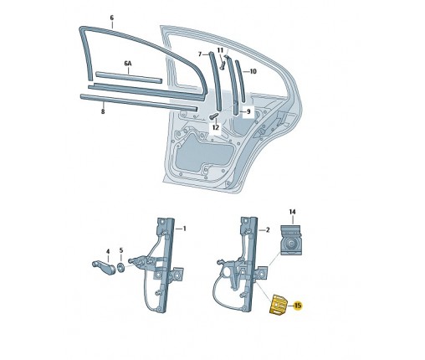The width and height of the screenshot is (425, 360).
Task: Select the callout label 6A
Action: point(128,63)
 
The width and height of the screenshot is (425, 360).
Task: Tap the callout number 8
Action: point(102,110)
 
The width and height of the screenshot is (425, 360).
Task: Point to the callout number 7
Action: point(199,54)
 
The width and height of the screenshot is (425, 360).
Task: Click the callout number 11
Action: point(221,49)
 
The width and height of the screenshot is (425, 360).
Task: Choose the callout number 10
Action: point(253,71)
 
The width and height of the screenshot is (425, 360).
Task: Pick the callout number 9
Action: point(247,111)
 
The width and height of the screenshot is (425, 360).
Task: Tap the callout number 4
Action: point(107,250)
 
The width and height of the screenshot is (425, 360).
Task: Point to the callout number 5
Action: point(122,250)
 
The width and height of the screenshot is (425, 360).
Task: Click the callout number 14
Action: point(293,213)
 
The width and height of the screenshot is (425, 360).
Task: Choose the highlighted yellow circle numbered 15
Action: point(298,307)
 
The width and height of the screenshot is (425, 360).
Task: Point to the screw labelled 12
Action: point(214,116)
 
